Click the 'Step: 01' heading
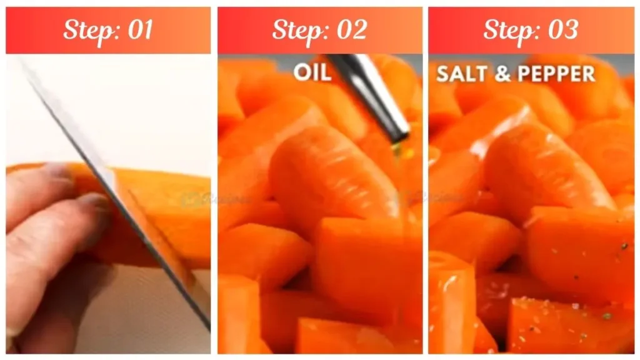108,29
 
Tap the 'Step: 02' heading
319,29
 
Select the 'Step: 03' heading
531,29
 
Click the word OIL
312,72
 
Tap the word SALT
461,73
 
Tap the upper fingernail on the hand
59,170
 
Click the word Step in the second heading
296,29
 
